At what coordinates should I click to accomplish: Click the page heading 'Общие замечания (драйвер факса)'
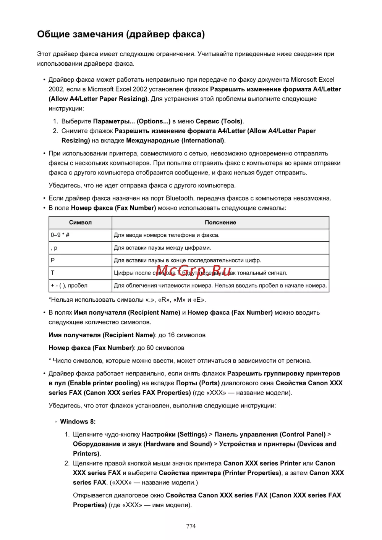pos(121,34)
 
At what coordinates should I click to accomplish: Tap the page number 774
pos(191,526)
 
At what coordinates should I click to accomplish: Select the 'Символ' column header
pos(80,223)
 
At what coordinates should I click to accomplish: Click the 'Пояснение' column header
pos(220,223)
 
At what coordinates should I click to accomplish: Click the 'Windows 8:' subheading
pos(78,422)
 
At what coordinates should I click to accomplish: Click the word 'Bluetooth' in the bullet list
pos(180,198)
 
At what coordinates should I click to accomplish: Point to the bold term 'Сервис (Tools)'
pos(219,121)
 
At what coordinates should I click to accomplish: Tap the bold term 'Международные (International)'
pos(175,141)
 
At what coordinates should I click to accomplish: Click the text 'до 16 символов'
pos(182,335)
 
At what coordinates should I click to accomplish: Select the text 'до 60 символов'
pos(161,348)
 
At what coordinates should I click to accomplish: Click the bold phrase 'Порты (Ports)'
pos(198,383)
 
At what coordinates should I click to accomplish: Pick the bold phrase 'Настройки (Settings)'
pos(174,435)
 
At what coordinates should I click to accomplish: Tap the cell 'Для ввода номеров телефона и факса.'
pos(167,235)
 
